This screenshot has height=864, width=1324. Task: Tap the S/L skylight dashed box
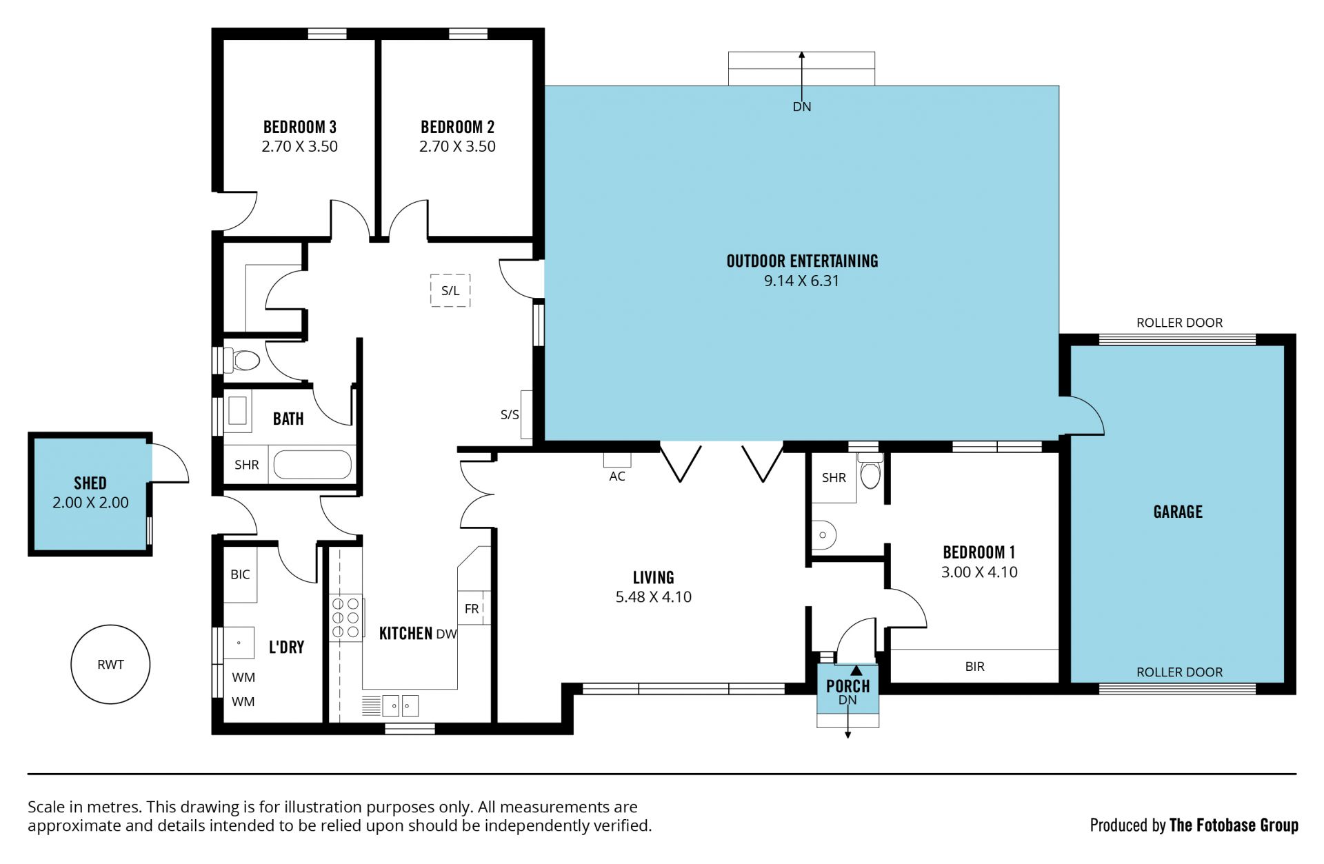point(450,290)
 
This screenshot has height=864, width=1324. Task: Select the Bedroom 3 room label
point(300,127)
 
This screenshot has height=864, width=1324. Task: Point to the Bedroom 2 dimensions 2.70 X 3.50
point(457,146)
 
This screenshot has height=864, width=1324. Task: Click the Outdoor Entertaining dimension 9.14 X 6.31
point(801,281)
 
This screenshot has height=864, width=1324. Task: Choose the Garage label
point(1178,512)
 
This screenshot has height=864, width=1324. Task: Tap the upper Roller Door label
point(1179,323)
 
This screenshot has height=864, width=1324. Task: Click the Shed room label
point(90,483)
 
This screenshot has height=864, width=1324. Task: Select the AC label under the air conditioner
point(617,476)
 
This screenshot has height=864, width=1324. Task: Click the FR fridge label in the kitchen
point(472,609)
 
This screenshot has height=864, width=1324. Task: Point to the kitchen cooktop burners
point(345,617)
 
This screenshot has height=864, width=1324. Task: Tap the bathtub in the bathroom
point(313,464)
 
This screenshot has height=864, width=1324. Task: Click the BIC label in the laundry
point(240,574)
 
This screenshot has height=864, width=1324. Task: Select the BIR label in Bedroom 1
point(975,666)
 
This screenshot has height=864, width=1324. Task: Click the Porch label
point(847,686)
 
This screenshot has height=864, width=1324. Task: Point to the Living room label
point(654,577)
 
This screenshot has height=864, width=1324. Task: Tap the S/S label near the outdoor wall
point(510,414)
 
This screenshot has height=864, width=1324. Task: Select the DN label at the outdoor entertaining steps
point(802,107)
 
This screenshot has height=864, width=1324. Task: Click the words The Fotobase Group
point(1234,825)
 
